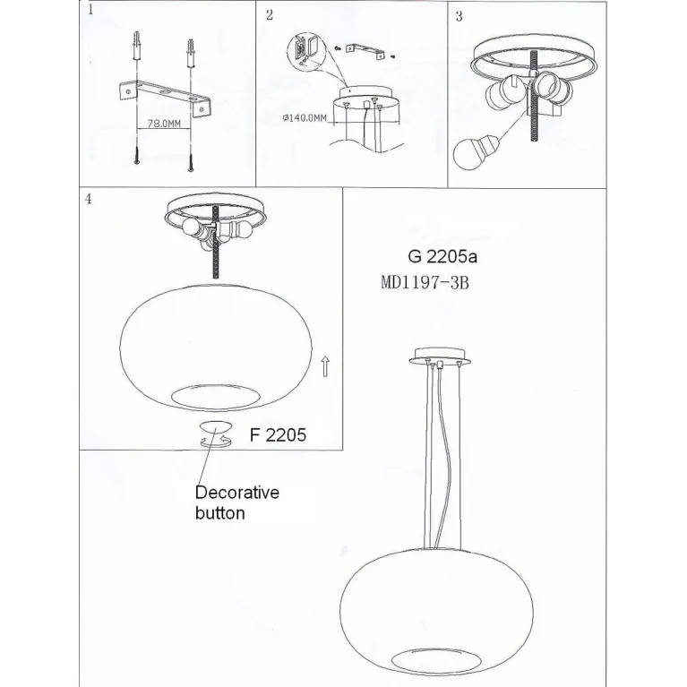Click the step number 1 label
coord(90,10)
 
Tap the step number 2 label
coord(270,15)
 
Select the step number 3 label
coord(459,16)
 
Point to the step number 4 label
coord(89,199)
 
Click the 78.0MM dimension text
coord(164,124)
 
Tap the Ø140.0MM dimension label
coord(305,118)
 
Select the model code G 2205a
coord(442,257)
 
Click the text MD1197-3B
coord(425,283)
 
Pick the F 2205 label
coord(278,435)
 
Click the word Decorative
coord(237,493)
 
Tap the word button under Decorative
coord(220,513)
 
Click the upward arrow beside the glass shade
coord(324,366)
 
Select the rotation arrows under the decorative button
coord(215,442)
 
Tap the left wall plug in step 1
coord(138,46)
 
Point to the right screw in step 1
coord(191,163)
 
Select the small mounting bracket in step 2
coord(365,50)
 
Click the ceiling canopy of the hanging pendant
coord(441,356)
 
